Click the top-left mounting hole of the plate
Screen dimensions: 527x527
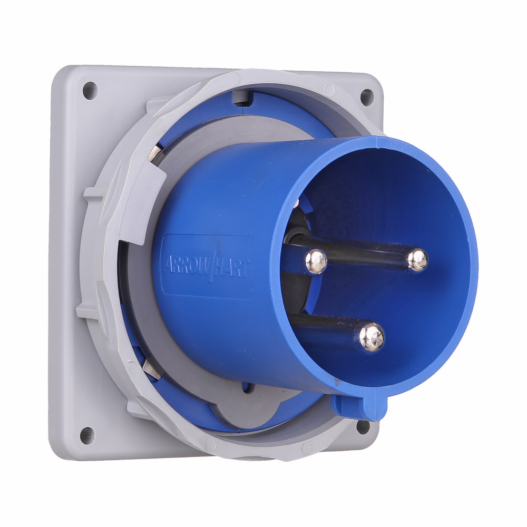(x=90, y=91)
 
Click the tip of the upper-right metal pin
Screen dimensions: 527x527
(x=417, y=259)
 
